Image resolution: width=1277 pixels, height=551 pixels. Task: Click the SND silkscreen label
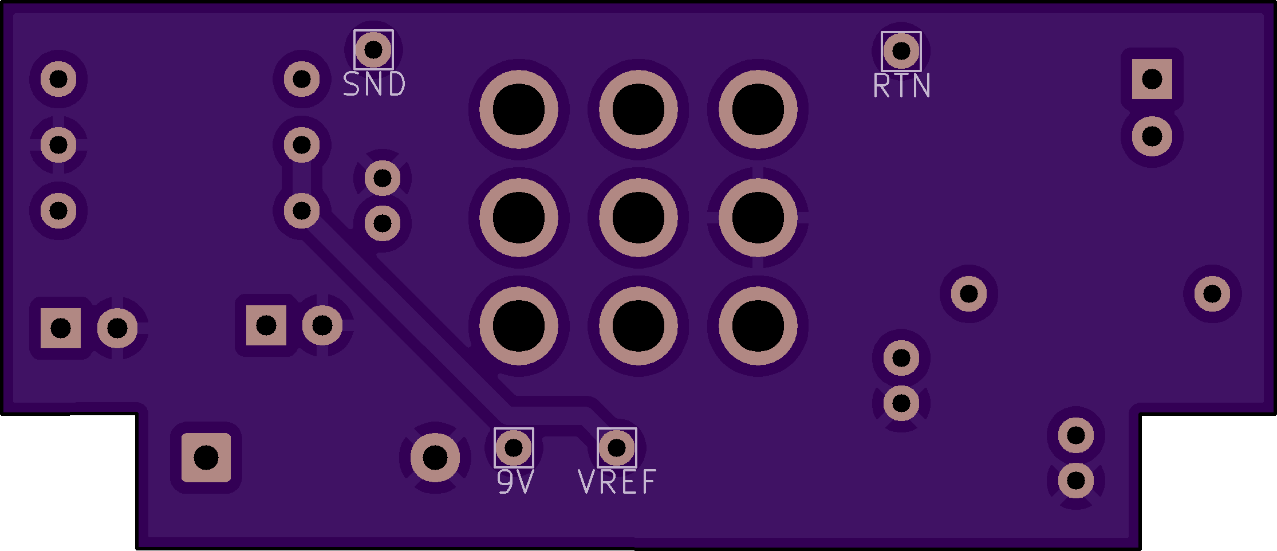point(374,84)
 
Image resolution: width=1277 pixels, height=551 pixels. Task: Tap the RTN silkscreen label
point(901,86)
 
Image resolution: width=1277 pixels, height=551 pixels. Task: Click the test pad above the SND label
point(373,49)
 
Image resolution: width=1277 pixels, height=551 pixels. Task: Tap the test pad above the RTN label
point(901,50)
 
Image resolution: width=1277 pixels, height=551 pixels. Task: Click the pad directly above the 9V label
point(513,447)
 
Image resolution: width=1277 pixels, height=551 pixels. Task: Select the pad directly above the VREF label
point(617,447)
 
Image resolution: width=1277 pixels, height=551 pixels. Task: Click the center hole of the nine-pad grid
point(638,218)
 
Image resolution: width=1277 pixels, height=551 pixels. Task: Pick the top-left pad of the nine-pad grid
point(518,109)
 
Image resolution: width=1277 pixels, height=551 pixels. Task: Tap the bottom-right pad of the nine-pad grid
point(758,326)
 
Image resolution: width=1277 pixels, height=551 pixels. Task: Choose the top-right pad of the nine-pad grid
point(758,109)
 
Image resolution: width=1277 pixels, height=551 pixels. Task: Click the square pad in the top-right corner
point(1152,79)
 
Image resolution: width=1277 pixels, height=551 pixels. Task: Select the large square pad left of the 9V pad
point(206,458)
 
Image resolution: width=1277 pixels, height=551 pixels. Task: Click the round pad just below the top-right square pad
point(1152,136)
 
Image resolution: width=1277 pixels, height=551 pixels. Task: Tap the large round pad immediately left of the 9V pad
point(435,458)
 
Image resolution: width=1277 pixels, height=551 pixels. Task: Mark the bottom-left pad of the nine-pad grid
point(518,326)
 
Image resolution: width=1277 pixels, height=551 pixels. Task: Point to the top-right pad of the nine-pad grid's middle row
point(758,218)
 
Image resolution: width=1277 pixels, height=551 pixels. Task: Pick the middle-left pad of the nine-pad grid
point(518,218)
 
